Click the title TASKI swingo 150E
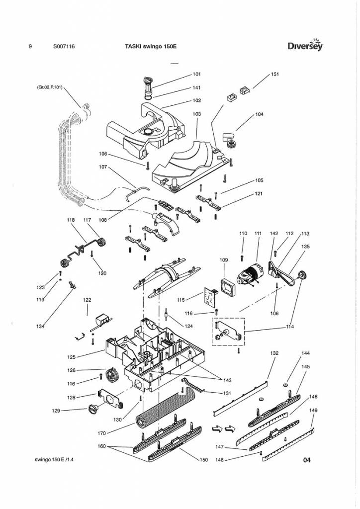pos(151,47)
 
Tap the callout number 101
pos(196,75)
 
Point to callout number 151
pos(274,75)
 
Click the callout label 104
pos(259,115)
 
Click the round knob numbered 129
pos(93,410)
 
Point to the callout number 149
pos(313,411)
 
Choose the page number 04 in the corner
pos(306,460)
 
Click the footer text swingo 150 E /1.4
pos(54,460)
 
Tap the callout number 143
pos(227,381)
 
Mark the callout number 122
pos(87,300)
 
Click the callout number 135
pos(305,246)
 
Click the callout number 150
pos(203,460)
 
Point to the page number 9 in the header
pos(31,47)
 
